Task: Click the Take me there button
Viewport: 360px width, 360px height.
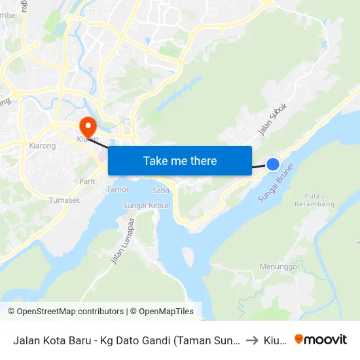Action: click(x=180, y=160)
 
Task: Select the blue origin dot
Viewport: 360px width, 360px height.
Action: click(x=273, y=164)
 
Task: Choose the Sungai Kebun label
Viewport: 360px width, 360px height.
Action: click(x=147, y=206)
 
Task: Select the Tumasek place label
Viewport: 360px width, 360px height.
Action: click(x=65, y=200)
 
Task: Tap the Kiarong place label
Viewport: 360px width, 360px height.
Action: click(x=43, y=145)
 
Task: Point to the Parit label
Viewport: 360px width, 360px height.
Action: click(x=87, y=181)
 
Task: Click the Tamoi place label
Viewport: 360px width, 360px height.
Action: click(x=117, y=189)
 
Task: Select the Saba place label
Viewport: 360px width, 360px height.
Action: click(x=160, y=190)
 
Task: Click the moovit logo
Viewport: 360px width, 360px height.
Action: click(x=320, y=339)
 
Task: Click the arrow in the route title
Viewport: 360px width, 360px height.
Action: click(x=252, y=340)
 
